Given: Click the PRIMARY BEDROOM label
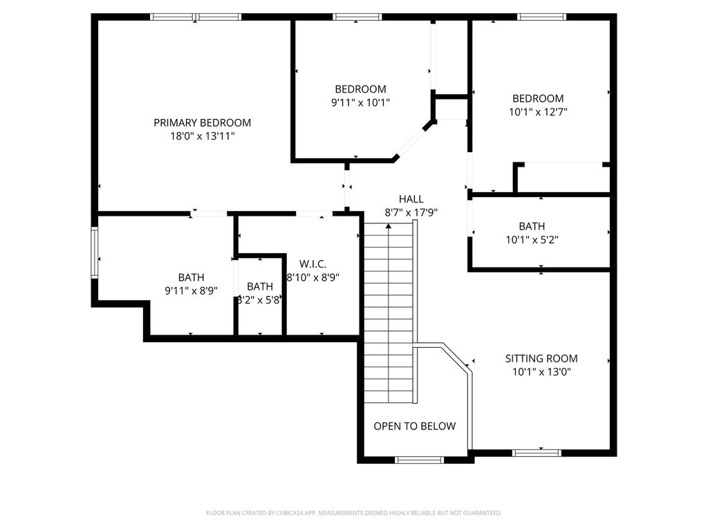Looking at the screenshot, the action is click(203, 123).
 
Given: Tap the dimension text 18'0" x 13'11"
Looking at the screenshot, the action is click(203, 136).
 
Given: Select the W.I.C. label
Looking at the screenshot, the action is click(313, 264).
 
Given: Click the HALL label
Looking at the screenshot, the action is click(411, 199).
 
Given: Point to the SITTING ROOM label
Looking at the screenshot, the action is click(541, 359).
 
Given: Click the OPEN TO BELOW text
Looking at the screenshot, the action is click(415, 426).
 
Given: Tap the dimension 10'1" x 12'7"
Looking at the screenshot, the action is click(538, 112).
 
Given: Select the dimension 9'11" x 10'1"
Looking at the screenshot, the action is click(360, 102).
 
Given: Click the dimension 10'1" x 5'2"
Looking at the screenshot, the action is click(532, 240).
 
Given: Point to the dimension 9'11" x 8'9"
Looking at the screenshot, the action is click(191, 291).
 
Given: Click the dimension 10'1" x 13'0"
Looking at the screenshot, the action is click(541, 372).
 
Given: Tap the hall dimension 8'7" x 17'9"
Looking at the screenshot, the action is click(411, 213).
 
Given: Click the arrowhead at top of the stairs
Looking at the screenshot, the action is click(389, 225).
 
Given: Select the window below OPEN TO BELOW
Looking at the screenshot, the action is click(419, 460).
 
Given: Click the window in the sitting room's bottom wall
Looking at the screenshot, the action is click(537, 453).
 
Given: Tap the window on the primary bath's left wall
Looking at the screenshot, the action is click(94, 252).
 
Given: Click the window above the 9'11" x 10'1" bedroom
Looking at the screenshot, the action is click(357, 17).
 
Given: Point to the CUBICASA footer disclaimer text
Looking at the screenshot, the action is click(353, 513).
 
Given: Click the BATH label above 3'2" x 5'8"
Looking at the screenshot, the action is click(260, 287).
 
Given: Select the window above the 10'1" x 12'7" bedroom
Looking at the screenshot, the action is click(541, 17).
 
